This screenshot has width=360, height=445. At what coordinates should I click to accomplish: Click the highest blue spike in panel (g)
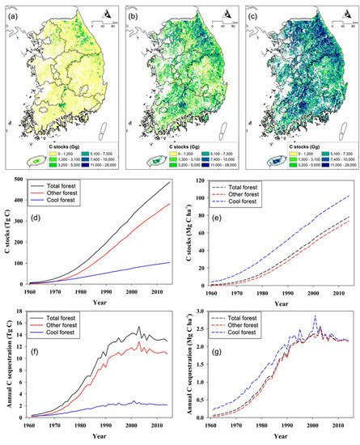(x=314, y=317)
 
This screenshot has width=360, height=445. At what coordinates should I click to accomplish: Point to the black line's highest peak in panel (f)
(x=138, y=326)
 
